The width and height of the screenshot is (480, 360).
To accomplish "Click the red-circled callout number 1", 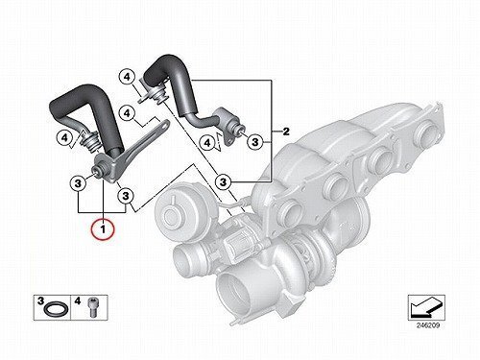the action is [x=103, y=229].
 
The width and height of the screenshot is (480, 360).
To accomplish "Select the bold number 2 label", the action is [x=285, y=132].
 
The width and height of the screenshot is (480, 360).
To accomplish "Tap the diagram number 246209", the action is [x=428, y=326].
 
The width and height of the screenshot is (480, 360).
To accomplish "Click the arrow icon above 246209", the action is [x=426, y=307].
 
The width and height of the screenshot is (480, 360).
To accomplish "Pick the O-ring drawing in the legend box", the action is [x=56, y=309].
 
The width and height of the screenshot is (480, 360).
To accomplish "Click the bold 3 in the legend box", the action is [x=40, y=301].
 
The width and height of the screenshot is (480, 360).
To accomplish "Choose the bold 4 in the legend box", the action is [x=78, y=301].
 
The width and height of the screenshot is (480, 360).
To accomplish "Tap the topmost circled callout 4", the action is [x=127, y=77].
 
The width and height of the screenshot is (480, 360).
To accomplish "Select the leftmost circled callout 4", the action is [x=64, y=138].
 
